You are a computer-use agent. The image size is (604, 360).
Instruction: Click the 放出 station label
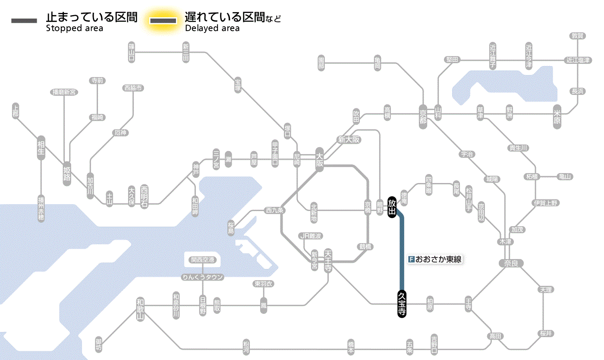392,208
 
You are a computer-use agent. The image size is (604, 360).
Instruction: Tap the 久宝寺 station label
402,304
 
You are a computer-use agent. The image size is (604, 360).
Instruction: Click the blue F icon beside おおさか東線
411,259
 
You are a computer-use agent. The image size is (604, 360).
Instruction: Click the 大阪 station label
320,160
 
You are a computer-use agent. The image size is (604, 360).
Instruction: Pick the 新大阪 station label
349,139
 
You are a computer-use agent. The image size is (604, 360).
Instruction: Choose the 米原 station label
557,117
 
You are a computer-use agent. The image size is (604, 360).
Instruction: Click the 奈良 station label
510,262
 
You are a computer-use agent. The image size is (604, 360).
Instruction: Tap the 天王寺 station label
328,260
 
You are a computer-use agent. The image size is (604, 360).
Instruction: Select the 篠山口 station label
132,52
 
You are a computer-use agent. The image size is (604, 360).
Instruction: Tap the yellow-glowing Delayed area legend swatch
163,20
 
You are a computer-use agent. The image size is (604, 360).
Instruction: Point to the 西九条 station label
275,211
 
